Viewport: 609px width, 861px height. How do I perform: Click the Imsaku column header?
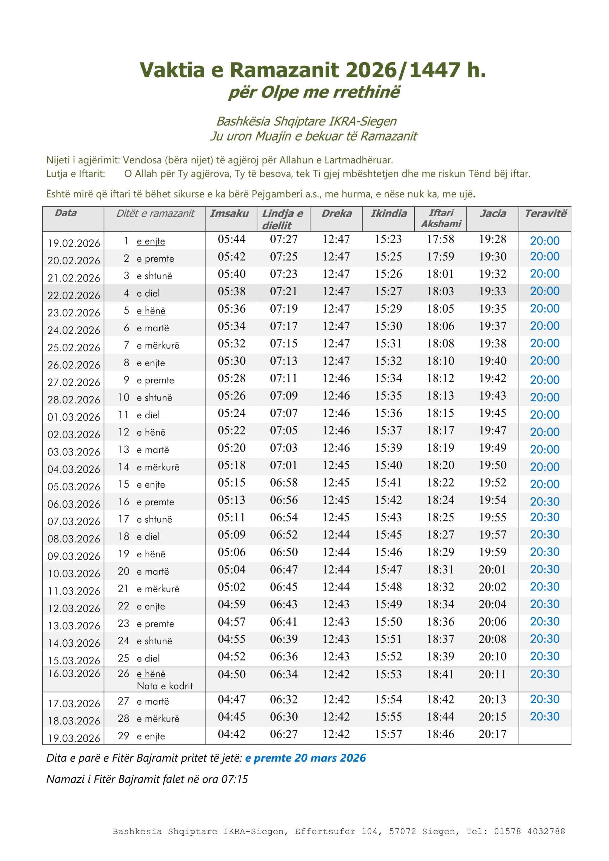pyautogui.click(x=229, y=213)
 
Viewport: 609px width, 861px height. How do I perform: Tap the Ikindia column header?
pyautogui.click(x=388, y=213)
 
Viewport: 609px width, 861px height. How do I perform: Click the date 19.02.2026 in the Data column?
pyautogui.click(x=74, y=243)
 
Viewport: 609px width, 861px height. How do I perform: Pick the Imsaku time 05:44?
pyautogui.click(x=231, y=239)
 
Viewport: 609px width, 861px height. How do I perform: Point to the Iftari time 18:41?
pyautogui.click(x=440, y=674)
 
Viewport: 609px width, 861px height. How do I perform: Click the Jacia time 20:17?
pyautogui.click(x=492, y=734)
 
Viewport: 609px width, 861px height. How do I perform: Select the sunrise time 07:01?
pyautogui.click(x=283, y=465)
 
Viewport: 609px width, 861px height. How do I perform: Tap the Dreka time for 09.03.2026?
pyautogui.click(x=336, y=552)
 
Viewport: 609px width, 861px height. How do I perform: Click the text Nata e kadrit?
pyautogui.click(x=165, y=686)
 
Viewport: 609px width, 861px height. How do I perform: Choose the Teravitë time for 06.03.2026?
pyautogui.click(x=544, y=501)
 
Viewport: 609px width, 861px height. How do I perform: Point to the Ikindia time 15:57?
pyautogui.click(x=388, y=734)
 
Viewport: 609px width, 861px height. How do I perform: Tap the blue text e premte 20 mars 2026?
pyautogui.click(x=305, y=758)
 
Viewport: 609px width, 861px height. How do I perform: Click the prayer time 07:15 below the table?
pyautogui.click(x=235, y=779)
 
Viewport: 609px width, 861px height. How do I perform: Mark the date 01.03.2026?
pyautogui.click(x=74, y=417)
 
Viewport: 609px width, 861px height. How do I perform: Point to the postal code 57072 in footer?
pyautogui.click(x=403, y=831)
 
